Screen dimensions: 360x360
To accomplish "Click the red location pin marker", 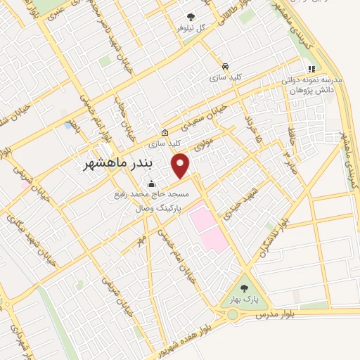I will [x=181, y=165].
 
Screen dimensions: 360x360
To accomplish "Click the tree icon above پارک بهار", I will [x=245, y=288].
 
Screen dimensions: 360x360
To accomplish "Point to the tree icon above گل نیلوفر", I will [x=191, y=17].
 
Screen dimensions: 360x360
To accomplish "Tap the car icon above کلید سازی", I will [x=224, y=63].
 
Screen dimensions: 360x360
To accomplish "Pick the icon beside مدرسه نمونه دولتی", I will [x=311, y=69].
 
